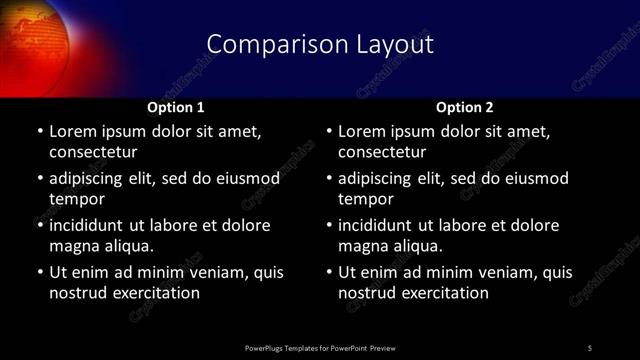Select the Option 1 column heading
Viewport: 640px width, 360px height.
(176, 106)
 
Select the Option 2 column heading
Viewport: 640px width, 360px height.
(465, 106)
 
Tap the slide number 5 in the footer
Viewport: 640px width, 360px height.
(590, 348)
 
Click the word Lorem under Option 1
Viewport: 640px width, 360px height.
(73, 132)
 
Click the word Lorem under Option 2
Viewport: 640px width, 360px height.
(363, 132)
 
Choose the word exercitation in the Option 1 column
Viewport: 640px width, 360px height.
(155, 293)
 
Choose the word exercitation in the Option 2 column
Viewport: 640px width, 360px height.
(445, 293)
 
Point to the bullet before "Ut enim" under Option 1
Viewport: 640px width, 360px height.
(39, 272)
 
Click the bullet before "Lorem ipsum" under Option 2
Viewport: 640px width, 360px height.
(329, 132)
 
